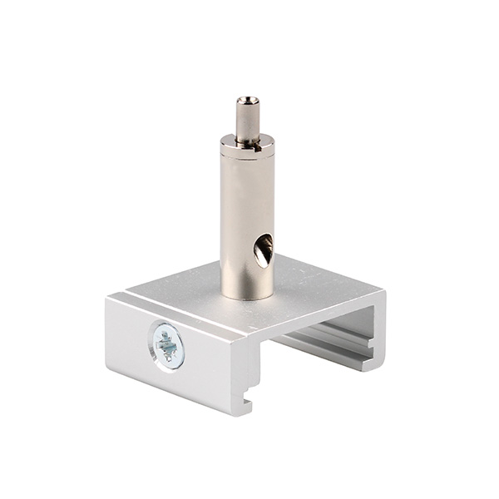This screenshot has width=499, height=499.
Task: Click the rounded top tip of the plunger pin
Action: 247,100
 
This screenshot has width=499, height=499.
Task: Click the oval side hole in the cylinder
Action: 262,249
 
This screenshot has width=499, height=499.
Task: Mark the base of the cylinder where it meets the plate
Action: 247,293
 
